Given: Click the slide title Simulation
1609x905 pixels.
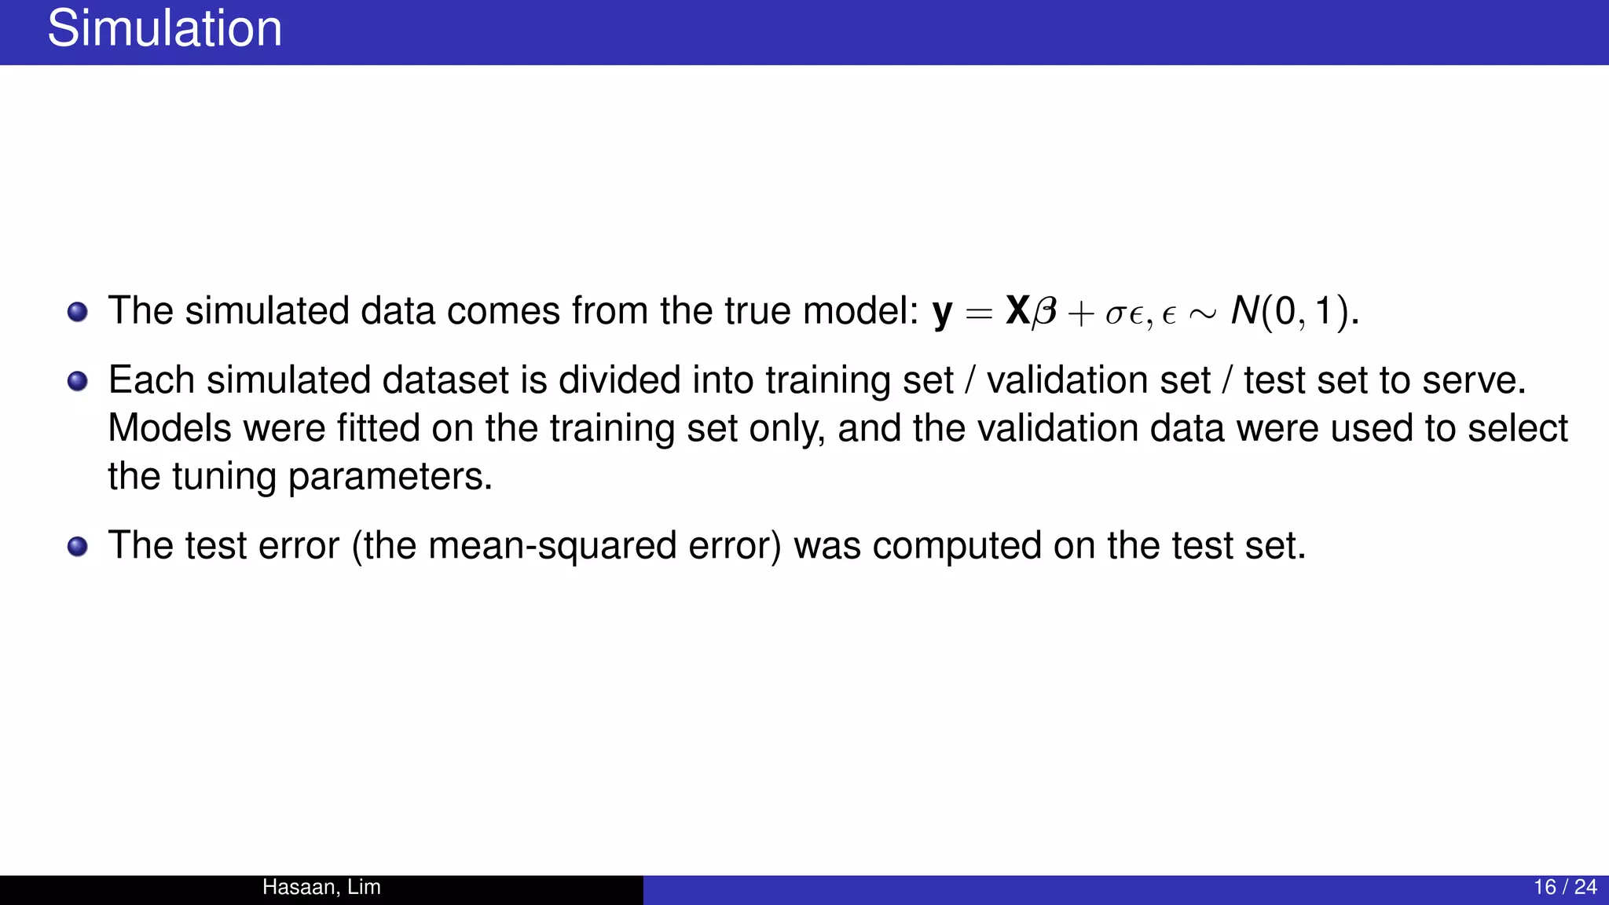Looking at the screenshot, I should (x=164, y=29).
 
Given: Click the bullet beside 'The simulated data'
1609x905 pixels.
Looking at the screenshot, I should (x=77, y=312).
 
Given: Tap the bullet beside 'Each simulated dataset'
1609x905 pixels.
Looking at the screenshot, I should (x=77, y=382).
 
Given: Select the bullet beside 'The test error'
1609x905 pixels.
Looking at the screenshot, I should (x=77, y=547).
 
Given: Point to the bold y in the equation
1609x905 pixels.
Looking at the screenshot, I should (x=942, y=313).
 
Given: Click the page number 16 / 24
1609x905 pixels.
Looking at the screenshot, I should (x=1564, y=887).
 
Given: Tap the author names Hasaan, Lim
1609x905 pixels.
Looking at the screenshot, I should (x=321, y=887).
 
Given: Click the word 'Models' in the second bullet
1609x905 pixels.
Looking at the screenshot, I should (x=170, y=429).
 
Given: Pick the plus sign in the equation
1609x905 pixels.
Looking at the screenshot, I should (x=1081, y=314).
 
